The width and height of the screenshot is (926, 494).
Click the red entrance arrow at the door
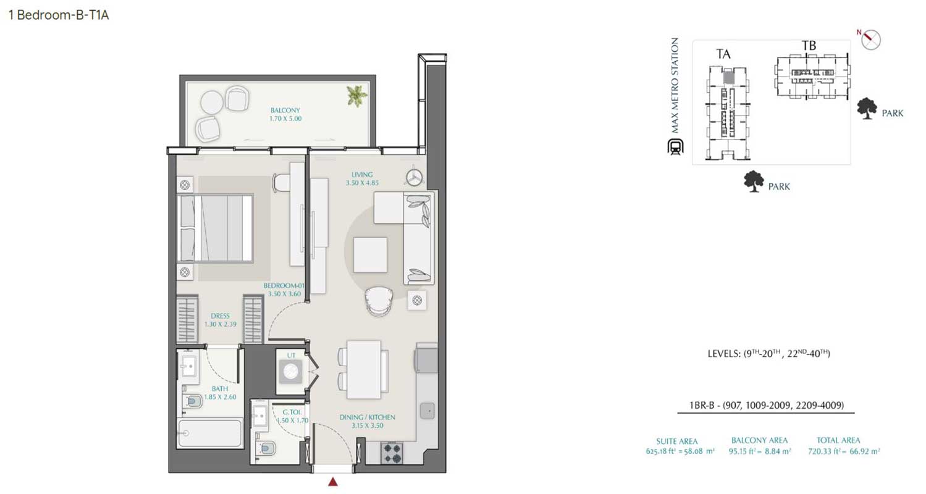[333, 482]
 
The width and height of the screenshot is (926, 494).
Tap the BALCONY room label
[285, 110]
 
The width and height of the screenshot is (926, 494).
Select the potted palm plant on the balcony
[356, 95]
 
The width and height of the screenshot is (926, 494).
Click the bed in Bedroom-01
[216, 228]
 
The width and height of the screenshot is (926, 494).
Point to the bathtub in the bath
[210, 433]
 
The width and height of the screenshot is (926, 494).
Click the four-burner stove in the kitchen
[392, 453]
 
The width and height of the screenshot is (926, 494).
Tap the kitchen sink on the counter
[426, 411]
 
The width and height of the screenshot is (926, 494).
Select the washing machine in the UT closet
[290, 374]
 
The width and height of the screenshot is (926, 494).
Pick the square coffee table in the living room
[370, 254]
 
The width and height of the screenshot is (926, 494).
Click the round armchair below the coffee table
[379, 301]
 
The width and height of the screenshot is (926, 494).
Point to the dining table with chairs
[364, 369]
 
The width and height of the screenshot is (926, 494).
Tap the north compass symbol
[870, 39]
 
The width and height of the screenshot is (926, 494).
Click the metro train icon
[674, 148]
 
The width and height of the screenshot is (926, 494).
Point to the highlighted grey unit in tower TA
[728, 78]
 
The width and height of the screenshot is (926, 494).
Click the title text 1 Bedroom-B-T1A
[59, 15]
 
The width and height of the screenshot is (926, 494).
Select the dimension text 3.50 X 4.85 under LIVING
[363, 183]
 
